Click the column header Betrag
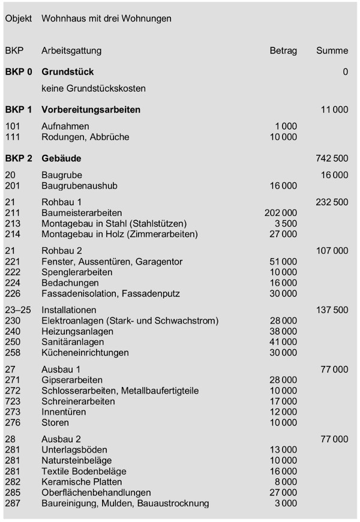283,51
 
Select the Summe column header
332,51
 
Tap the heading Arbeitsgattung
71,51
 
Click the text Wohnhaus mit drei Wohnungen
106,19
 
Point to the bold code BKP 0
19,72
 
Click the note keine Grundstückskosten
94,88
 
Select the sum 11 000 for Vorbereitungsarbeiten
334,110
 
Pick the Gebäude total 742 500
331,159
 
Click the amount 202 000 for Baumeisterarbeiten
280,213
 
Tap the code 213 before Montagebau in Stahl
13,223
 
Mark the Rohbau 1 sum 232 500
331,202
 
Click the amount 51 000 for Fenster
283,262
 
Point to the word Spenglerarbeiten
76,272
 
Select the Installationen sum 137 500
331,310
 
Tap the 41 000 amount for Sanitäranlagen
283,342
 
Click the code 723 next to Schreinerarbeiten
13,401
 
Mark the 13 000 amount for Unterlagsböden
283,450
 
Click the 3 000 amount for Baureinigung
286,503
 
